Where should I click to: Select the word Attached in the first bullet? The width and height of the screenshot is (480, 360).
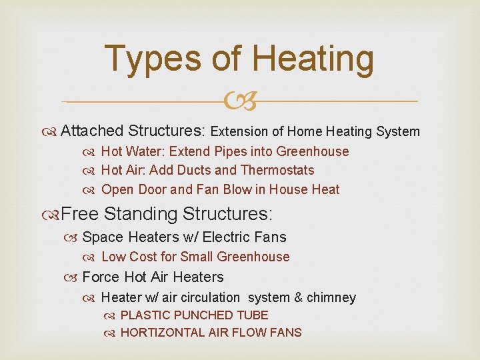(91, 131)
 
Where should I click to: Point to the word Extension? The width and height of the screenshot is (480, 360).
(243, 132)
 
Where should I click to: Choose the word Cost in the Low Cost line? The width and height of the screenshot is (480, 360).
(145, 257)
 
